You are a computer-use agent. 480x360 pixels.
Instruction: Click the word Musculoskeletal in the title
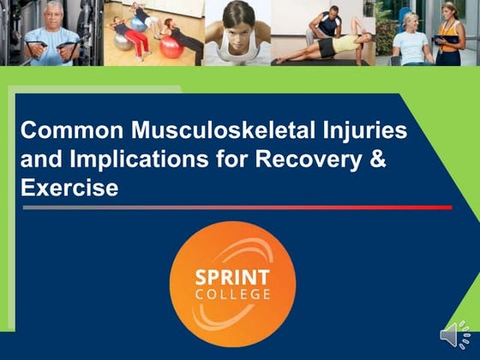tap(203, 132)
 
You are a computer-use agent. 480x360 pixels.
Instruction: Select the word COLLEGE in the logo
tap(232, 294)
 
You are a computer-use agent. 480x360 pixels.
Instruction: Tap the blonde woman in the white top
tap(411, 39)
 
